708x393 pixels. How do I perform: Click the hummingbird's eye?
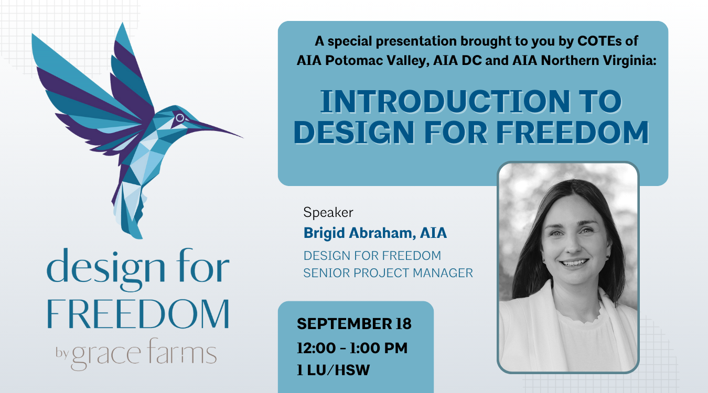(x=180, y=118)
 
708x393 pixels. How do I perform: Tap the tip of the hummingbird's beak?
(x=243, y=138)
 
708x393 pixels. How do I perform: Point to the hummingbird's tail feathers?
(x=130, y=209)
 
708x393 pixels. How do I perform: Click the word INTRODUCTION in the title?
(x=445, y=102)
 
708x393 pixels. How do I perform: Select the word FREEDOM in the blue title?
(x=572, y=132)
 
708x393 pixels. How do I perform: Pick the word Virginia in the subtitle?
(x=630, y=61)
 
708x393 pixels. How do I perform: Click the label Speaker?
(x=328, y=212)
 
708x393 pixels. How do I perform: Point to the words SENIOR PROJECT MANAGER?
(x=388, y=273)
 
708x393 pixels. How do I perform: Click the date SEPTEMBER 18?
(x=354, y=324)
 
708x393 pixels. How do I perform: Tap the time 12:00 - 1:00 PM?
(x=352, y=348)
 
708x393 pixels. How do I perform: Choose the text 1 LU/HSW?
(x=333, y=370)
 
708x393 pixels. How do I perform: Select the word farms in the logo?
(x=182, y=351)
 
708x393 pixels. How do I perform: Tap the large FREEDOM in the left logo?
(x=138, y=314)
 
